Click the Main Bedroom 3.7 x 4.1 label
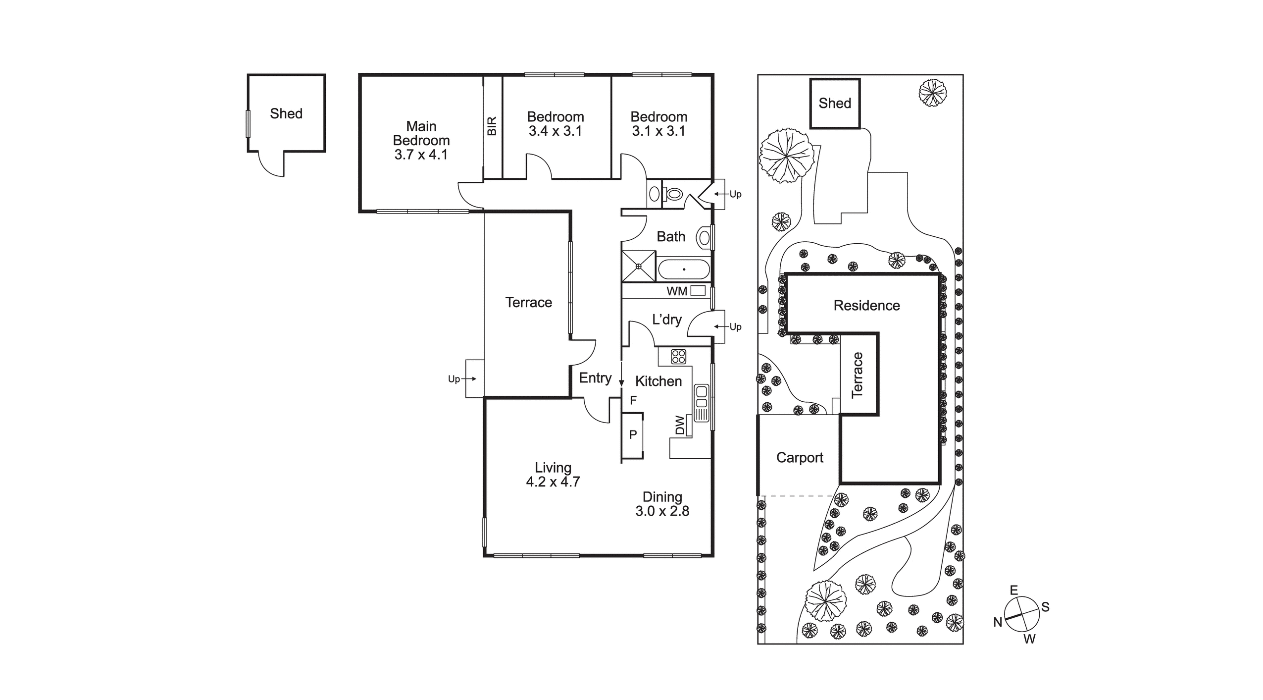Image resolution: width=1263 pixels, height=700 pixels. (421, 141)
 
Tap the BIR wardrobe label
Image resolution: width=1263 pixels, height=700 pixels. (492, 126)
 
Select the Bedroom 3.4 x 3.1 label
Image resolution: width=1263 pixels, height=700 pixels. (555, 124)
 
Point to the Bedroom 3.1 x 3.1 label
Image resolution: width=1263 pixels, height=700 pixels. (658, 124)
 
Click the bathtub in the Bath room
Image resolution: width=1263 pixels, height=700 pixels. (684, 270)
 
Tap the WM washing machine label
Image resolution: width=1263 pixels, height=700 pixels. (676, 291)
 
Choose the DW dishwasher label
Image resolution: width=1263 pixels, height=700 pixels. (680, 425)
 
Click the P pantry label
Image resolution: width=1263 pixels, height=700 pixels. (633, 435)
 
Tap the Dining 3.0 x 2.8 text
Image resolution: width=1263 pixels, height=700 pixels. (662, 504)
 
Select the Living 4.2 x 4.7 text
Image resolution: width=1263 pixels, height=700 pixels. (553, 475)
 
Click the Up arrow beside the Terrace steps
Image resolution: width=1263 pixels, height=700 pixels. (460, 379)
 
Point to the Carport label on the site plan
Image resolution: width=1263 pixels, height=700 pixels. (800, 458)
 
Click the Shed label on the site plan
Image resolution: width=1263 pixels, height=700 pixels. (835, 104)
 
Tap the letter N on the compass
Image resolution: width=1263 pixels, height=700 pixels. (998, 623)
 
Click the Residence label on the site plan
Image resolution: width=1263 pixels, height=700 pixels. (866, 306)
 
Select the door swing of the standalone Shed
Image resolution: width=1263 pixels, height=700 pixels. (271, 165)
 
